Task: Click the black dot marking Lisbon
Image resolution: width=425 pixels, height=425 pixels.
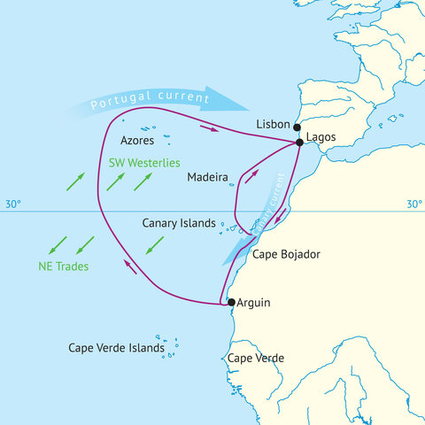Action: tap(297, 127)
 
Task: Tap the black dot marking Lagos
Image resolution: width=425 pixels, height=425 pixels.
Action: tap(300, 143)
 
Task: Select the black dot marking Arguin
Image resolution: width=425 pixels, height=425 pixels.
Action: tap(231, 303)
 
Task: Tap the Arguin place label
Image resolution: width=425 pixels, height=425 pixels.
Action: tap(254, 303)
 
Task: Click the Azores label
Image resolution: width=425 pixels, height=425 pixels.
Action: tap(137, 141)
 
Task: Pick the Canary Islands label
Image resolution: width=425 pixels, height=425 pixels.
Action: tap(179, 223)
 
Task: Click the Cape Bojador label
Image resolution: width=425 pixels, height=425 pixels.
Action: tap(286, 255)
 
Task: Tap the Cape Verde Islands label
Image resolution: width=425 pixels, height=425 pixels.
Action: tap(116, 348)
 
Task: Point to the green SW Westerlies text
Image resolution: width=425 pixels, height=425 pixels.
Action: tap(143, 164)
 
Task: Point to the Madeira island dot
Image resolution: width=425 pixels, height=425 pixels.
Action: tap(231, 184)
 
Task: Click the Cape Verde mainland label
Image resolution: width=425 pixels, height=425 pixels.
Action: tap(256, 358)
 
